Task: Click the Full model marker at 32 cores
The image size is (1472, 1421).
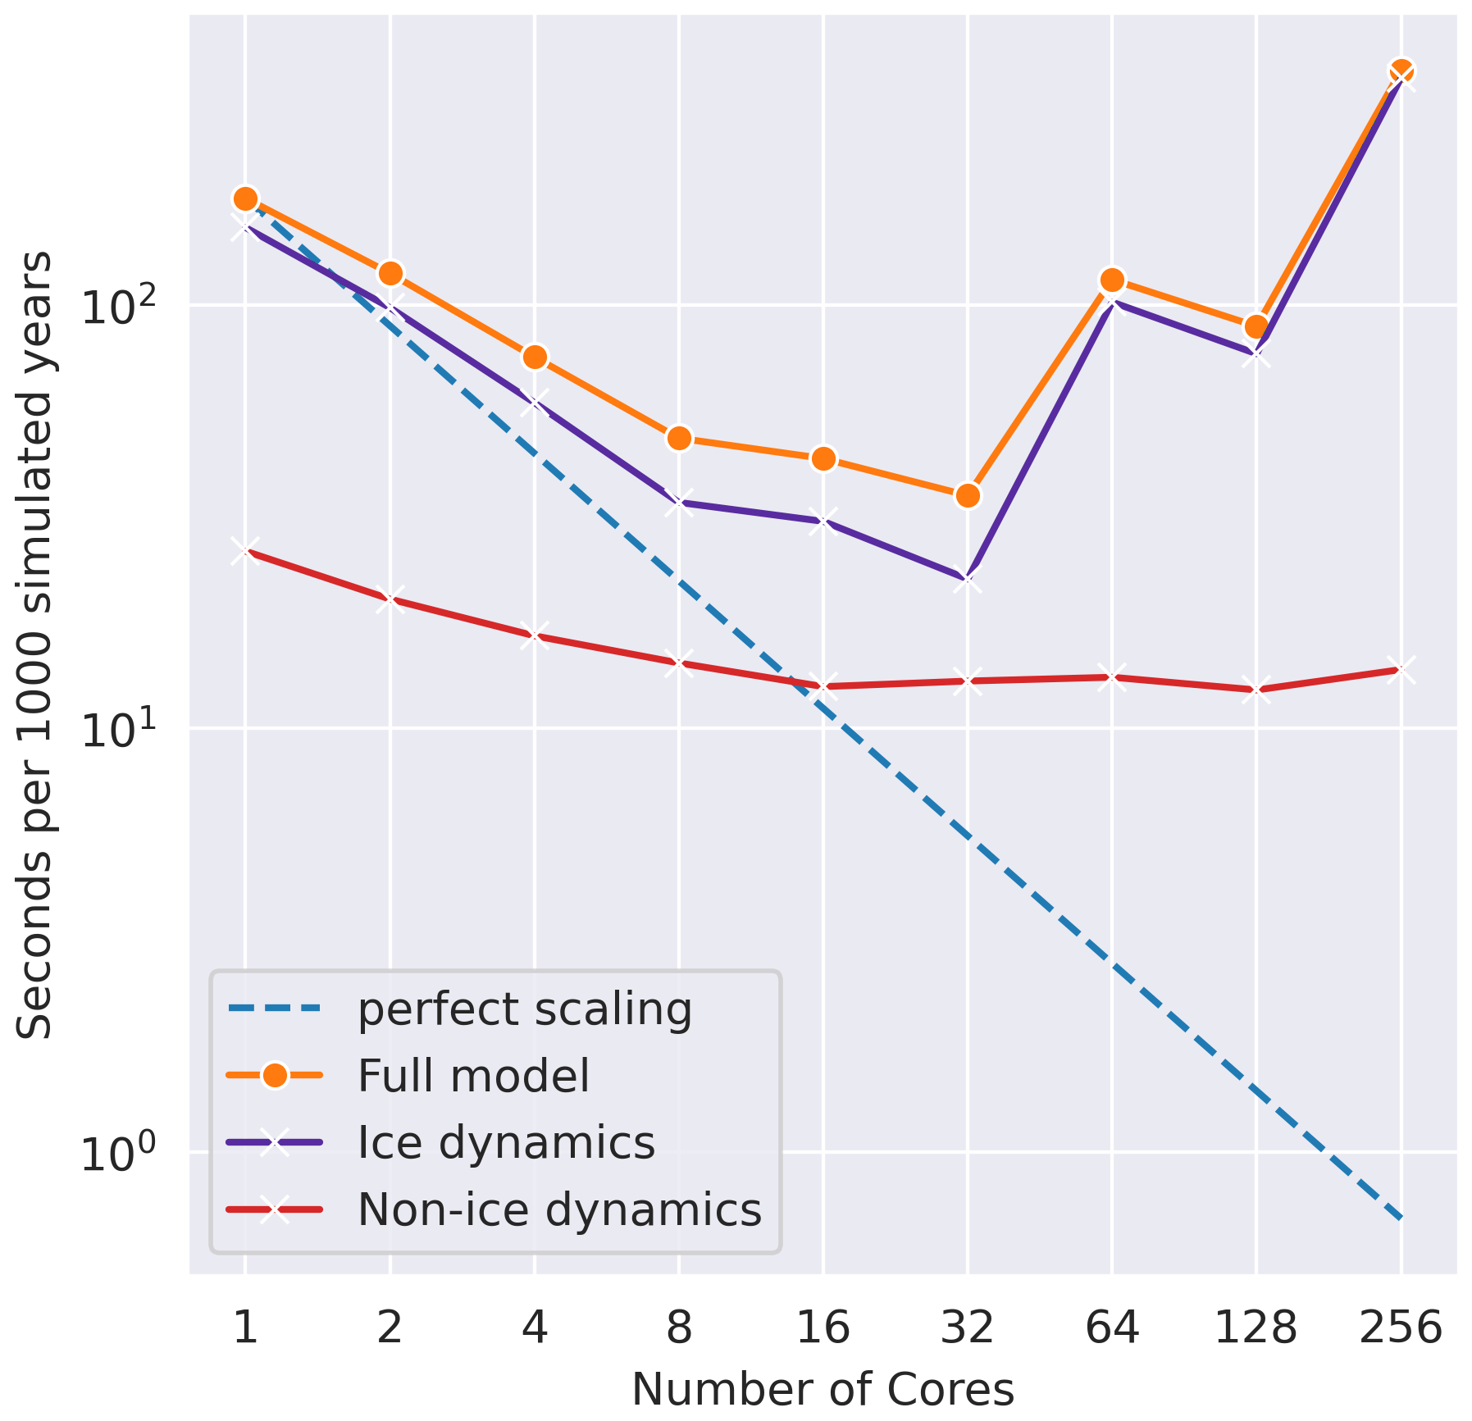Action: (968, 495)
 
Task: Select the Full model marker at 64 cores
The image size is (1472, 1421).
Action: (1112, 280)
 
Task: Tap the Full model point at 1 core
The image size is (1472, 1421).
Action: (245, 198)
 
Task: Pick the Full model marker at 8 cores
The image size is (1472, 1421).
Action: (679, 438)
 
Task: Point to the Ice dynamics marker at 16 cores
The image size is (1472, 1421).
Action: (823, 521)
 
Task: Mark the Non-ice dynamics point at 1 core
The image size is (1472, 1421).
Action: (245, 551)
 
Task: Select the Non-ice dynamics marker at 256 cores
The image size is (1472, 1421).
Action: (1401, 670)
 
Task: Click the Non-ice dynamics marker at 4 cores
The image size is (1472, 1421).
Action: (535, 635)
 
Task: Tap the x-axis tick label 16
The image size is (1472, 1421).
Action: (823, 1327)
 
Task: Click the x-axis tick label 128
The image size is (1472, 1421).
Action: (1256, 1327)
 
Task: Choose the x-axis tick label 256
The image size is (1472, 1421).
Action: (1401, 1327)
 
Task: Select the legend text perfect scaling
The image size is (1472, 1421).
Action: (525, 1009)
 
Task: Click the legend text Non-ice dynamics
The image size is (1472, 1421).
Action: (559, 1209)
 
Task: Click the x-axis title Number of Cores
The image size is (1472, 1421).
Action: (823, 1389)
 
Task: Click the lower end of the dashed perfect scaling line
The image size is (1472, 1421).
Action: (1401, 1218)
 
